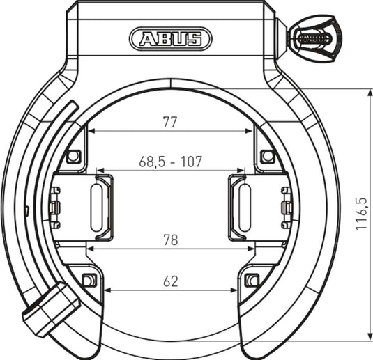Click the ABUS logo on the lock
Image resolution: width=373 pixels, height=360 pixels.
click(x=170, y=38)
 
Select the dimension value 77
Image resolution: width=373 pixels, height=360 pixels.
click(x=170, y=123)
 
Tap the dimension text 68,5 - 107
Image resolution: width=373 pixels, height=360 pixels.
click(x=170, y=162)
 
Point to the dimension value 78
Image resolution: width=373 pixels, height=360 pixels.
click(x=170, y=240)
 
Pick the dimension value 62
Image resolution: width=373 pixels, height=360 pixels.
click(x=170, y=281)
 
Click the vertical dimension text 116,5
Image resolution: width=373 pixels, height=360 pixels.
click(x=361, y=214)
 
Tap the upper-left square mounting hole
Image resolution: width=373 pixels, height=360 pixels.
click(x=73, y=156)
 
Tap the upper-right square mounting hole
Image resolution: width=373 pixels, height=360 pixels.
click(x=266, y=156)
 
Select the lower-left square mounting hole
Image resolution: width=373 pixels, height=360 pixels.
click(x=88, y=281)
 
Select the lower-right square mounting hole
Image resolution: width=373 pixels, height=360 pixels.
click(x=252, y=281)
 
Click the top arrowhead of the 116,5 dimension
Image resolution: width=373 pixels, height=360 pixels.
click(x=369, y=92)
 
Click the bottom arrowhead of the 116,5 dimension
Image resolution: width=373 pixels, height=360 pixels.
click(x=369, y=338)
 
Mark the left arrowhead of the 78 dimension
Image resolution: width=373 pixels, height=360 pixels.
click(x=89, y=248)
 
